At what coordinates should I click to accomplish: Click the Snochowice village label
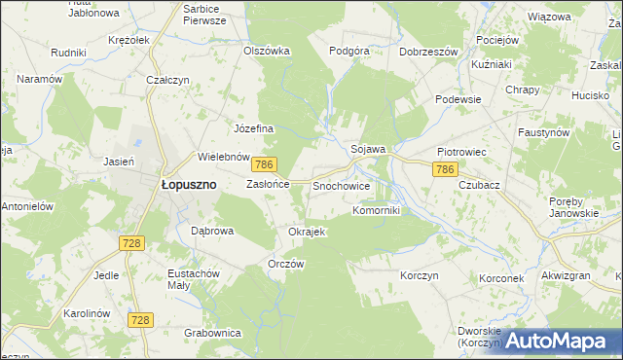(x=341, y=184)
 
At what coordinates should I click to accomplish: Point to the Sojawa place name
(x=369, y=149)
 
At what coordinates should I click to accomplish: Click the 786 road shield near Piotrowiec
(x=445, y=169)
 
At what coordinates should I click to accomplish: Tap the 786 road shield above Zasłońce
(x=267, y=164)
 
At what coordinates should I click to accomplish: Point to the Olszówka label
(x=267, y=51)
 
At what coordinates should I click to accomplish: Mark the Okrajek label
(x=307, y=232)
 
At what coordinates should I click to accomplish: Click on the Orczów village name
(x=286, y=264)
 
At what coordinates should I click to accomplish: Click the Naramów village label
(x=39, y=78)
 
